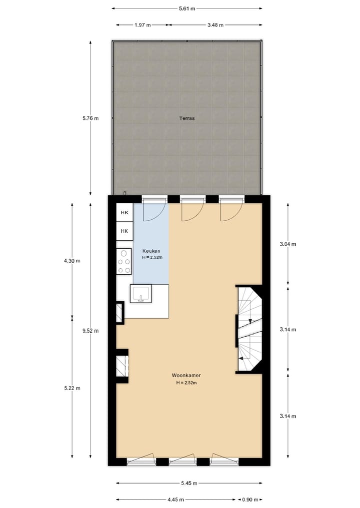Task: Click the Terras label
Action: coord(186,119)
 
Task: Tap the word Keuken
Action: coord(150,251)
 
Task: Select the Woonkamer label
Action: coord(186,375)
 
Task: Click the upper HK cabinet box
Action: coord(124,213)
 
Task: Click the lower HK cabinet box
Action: coord(124,231)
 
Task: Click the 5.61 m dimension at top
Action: coord(186,8)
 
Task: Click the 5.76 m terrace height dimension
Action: coord(90,118)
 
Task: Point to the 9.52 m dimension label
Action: coord(90,330)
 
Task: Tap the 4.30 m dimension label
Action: coord(72,260)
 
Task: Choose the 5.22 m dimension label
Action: coord(72,388)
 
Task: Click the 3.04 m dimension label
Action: coord(287,244)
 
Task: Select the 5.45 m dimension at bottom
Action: coord(188,483)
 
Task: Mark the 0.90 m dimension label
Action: coord(250,500)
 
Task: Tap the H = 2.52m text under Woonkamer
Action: coord(186,383)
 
